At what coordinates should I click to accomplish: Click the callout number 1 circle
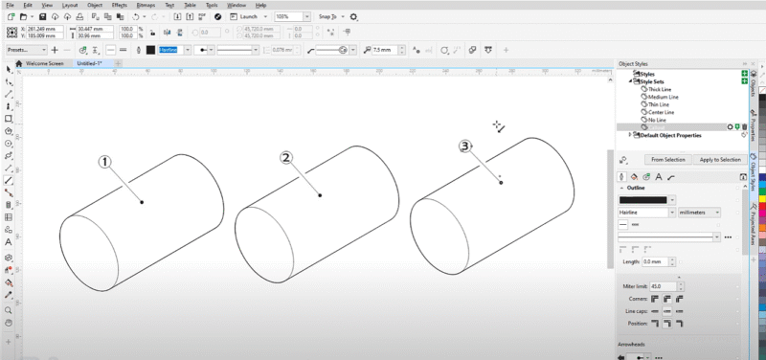[x=106, y=162]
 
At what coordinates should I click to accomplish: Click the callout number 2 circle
[x=285, y=157]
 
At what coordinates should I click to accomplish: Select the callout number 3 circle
[x=465, y=146]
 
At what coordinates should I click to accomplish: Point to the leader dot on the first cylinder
[x=143, y=202]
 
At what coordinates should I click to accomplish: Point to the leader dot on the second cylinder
[x=321, y=195]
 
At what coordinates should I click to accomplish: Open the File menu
[x=9, y=5]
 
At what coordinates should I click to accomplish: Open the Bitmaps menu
[x=146, y=5]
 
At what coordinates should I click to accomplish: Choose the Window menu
[x=236, y=5]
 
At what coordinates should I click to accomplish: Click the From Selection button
[x=666, y=159]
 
